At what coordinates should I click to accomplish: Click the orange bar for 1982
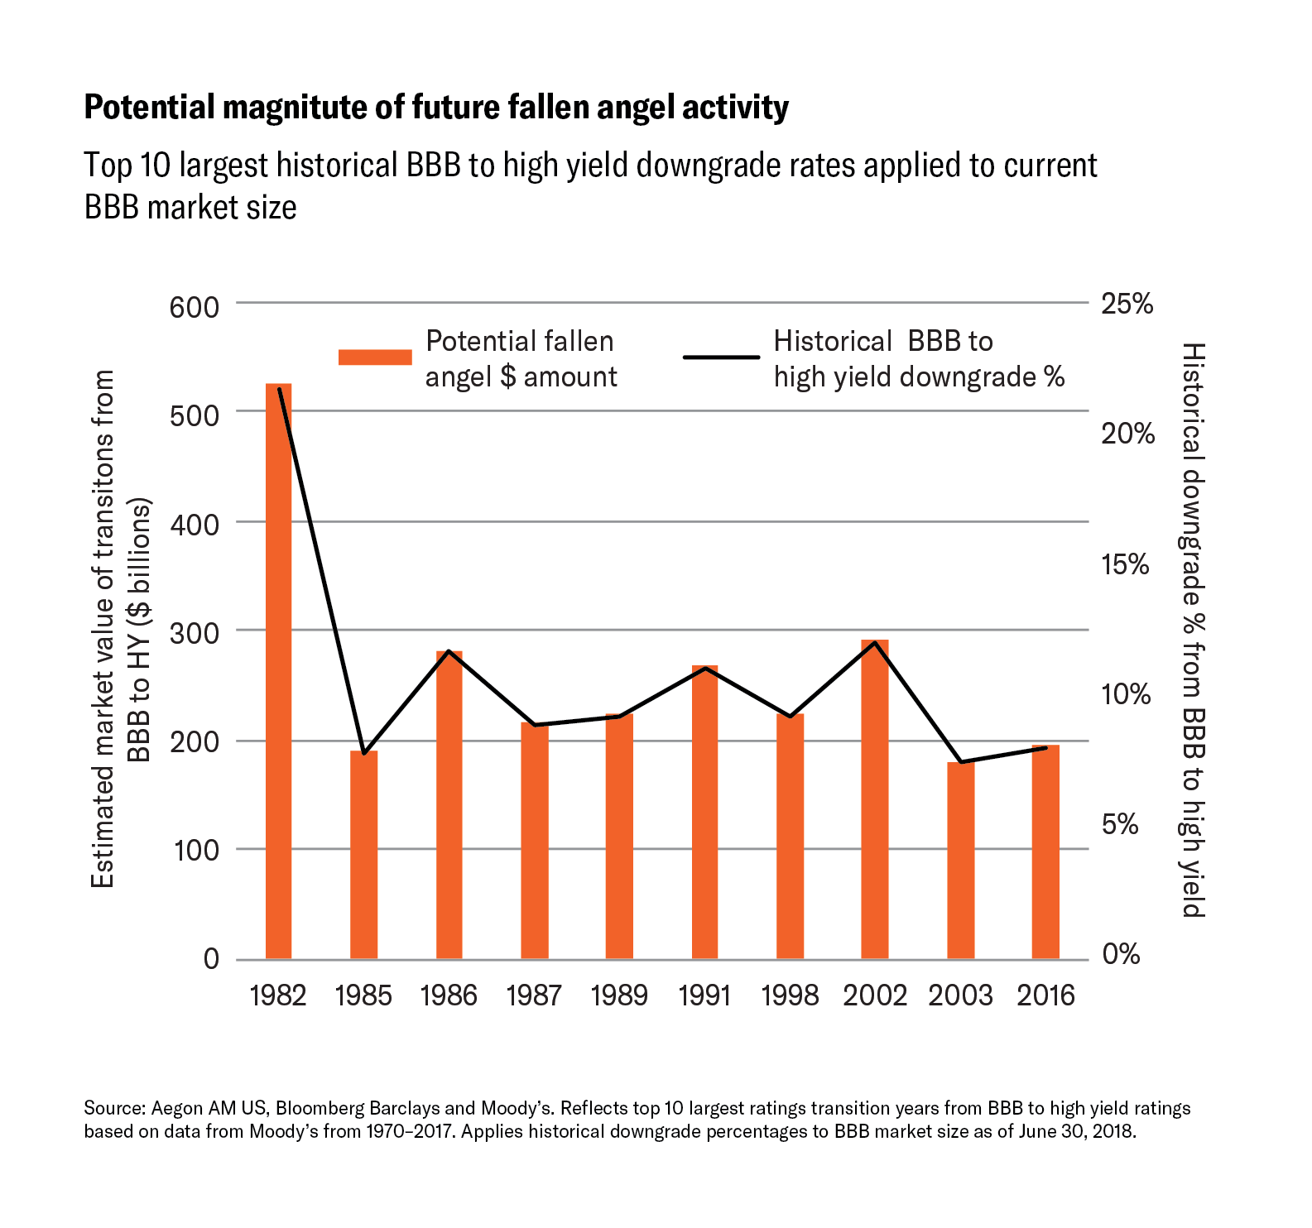click(278, 670)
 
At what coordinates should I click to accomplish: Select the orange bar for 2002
click(875, 799)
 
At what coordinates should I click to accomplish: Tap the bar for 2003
click(960, 861)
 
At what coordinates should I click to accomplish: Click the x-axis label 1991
click(704, 995)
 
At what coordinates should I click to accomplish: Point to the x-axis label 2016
click(1045, 995)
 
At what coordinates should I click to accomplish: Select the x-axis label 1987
click(534, 995)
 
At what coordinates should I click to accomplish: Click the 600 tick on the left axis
click(195, 307)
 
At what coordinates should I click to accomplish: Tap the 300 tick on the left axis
click(195, 634)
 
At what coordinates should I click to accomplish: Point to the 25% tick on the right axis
click(1127, 304)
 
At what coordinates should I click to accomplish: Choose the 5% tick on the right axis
click(1121, 824)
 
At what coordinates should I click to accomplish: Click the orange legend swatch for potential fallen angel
click(375, 357)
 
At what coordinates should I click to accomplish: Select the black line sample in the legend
click(721, 357)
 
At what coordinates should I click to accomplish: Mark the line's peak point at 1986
click(449, 651)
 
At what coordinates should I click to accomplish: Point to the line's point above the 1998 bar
click(790, 716)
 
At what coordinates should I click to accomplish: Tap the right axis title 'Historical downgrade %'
click(1192, 629)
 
